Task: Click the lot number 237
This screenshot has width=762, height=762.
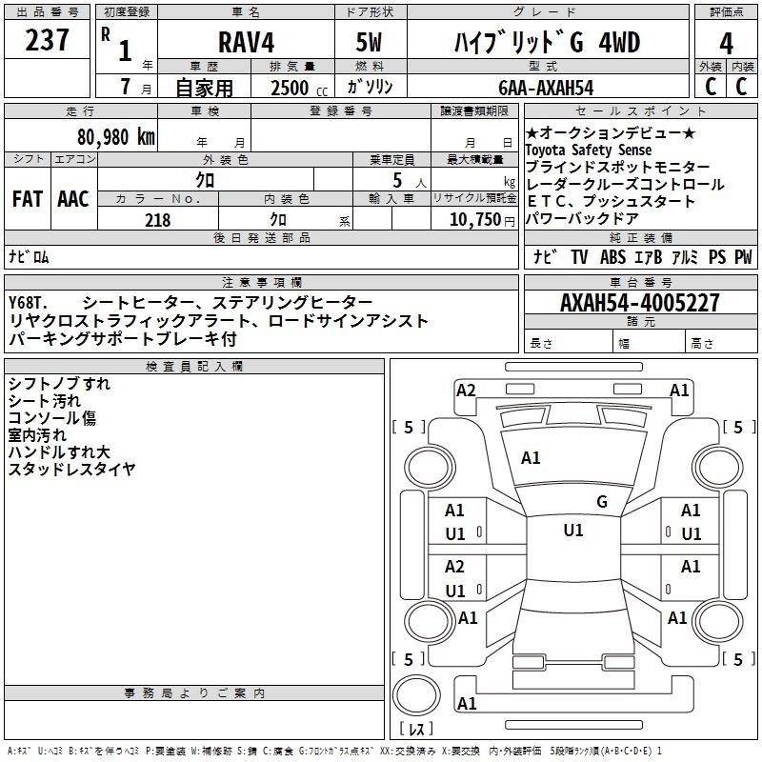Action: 47,40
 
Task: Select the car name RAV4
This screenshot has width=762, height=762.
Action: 246,42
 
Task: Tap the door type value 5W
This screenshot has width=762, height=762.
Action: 369,42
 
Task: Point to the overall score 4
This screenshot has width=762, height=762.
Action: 726,44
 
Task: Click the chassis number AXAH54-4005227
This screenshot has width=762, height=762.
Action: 640,303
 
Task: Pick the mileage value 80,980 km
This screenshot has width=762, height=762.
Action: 116,137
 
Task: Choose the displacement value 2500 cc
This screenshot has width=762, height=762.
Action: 299,88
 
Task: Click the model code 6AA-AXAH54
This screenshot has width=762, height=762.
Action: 546,88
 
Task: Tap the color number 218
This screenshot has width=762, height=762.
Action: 158,220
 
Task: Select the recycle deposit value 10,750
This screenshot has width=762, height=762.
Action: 474,220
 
